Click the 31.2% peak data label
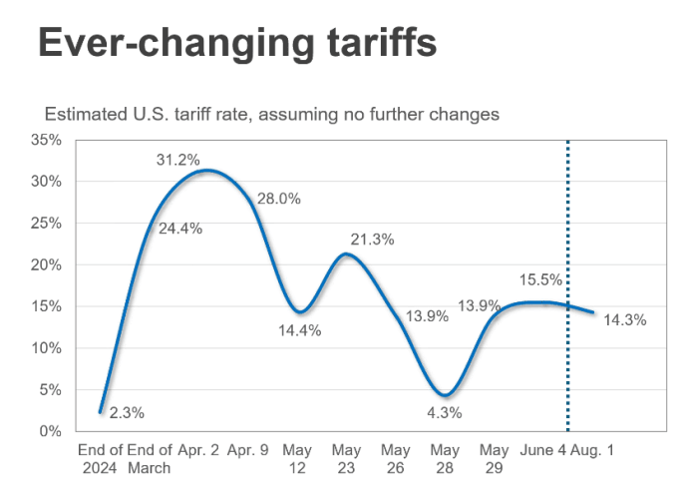click(x=178, y=160)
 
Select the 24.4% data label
click(x=180, y=228)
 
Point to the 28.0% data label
click(x=279, y=199)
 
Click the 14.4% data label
click(x=299, y=330)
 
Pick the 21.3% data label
click(x=372, y=240)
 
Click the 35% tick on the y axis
click(x=47, y=140)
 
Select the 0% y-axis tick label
click(x=51, y=431)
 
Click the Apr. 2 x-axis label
click(x=198, y=450)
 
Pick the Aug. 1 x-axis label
click(x=593, y=450)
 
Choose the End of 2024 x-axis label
click(x=100, y=458)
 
